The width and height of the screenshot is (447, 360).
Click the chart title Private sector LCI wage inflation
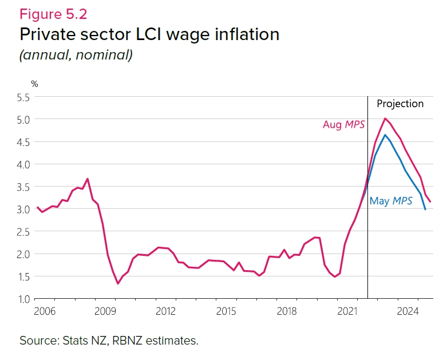(149, 34)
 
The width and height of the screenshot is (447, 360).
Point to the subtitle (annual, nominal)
(76, 56)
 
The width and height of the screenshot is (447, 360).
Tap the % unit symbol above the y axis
(34, 84)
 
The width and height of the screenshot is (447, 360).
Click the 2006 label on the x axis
(45, 311)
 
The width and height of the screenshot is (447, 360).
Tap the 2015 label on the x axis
(227, 311)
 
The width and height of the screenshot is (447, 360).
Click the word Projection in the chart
(400, 104)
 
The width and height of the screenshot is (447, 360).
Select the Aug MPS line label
(343, 124)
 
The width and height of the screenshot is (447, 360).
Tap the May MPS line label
(391, 201)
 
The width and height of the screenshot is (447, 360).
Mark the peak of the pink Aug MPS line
(385, 118)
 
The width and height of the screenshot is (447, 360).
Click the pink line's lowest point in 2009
(117, 283)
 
